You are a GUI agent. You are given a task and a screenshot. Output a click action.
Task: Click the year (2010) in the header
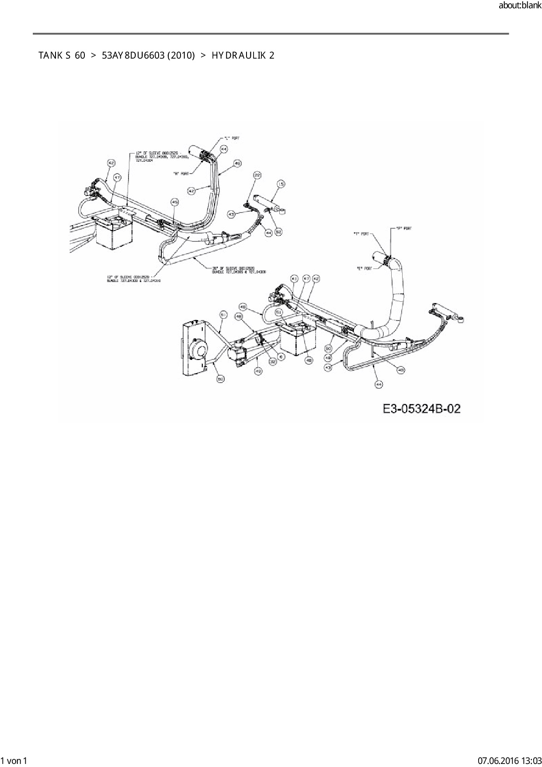181,56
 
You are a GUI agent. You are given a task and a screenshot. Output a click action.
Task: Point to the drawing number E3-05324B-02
421,409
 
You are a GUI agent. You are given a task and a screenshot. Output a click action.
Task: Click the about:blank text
520,6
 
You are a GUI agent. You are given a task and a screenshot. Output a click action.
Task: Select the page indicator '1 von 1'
14,760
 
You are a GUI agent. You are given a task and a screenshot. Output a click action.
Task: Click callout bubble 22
257,175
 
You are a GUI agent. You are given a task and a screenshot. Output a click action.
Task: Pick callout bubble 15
281,184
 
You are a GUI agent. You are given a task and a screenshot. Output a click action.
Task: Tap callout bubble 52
278,231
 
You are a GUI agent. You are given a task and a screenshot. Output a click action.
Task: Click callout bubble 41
294,279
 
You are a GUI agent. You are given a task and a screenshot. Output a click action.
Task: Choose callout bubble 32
273,361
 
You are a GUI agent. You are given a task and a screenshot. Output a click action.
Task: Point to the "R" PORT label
181,173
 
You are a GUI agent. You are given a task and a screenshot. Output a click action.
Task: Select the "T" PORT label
361,234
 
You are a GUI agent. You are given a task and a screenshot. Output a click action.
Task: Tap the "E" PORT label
364,268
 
